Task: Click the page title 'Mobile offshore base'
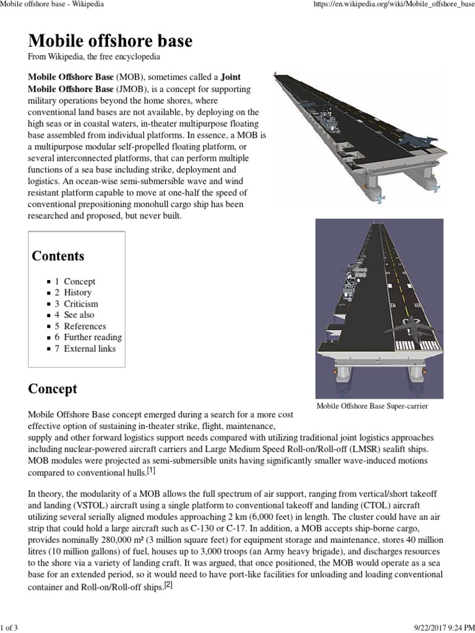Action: click(x=110, y=41)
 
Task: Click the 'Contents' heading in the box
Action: click(x=58, y=256)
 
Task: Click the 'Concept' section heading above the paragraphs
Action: click(x=53, y=389)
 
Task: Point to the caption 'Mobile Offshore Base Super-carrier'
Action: click(x=372, y=406)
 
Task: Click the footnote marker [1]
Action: click(x=151, y=471)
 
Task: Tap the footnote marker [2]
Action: click(x=167, y=585)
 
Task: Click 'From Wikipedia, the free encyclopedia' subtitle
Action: click(x=95, y=57)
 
